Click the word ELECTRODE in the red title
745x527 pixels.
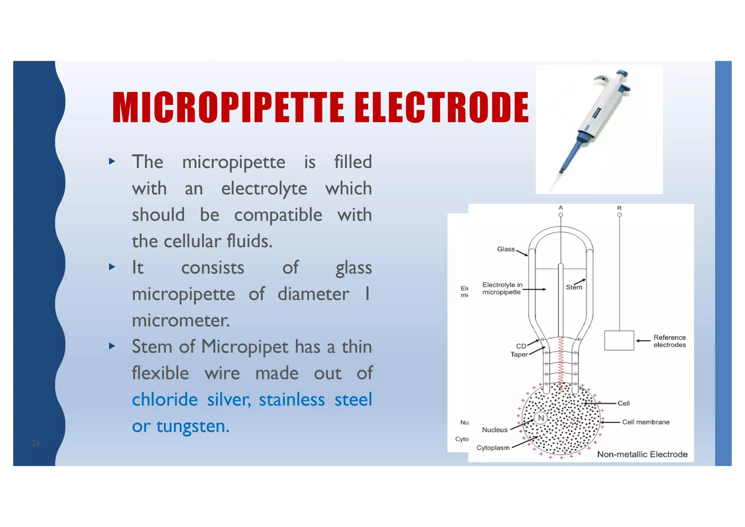(441, 107)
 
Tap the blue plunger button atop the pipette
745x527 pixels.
(622, 73)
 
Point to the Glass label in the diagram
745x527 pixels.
(506, 249)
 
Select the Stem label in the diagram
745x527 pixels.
(574, 287)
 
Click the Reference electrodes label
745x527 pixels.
(669, 341)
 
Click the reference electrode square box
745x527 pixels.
(619, 341)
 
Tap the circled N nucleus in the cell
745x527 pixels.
(541, 418)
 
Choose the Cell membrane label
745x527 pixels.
(645, 422)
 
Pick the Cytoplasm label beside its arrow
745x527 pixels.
(493, 448)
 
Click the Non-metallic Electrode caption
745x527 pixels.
(642, 454)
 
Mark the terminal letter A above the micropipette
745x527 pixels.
(561, 208)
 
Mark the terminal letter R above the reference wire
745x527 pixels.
(619, 208)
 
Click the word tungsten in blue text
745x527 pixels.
(193, 426)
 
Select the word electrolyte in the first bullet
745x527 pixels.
(264, 189)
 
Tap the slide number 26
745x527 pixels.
(36, 443)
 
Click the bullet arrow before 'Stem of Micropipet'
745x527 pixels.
(112, 346)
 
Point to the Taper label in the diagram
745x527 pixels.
(519, 354)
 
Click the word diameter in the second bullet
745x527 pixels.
(313, 294)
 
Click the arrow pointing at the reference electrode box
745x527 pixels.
(643, 341)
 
